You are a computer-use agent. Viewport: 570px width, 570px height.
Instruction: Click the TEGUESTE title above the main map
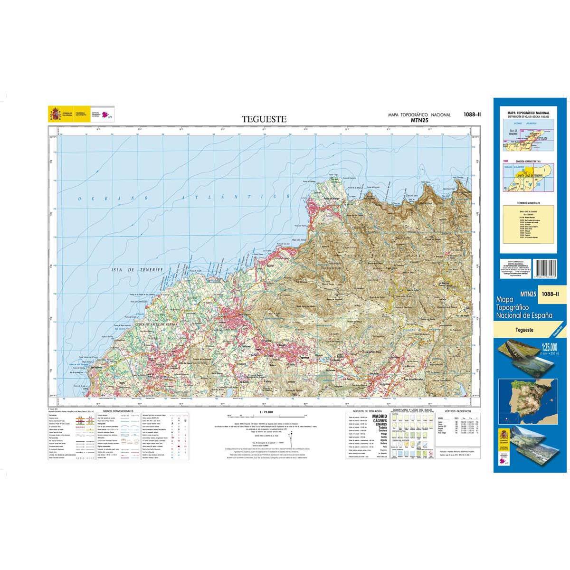(x=264, y=119)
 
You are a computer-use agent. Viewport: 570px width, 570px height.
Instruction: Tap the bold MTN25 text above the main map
(x=419, y=121)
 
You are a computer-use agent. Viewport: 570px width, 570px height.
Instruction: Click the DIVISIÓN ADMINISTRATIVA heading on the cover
(x=525, y=161)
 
